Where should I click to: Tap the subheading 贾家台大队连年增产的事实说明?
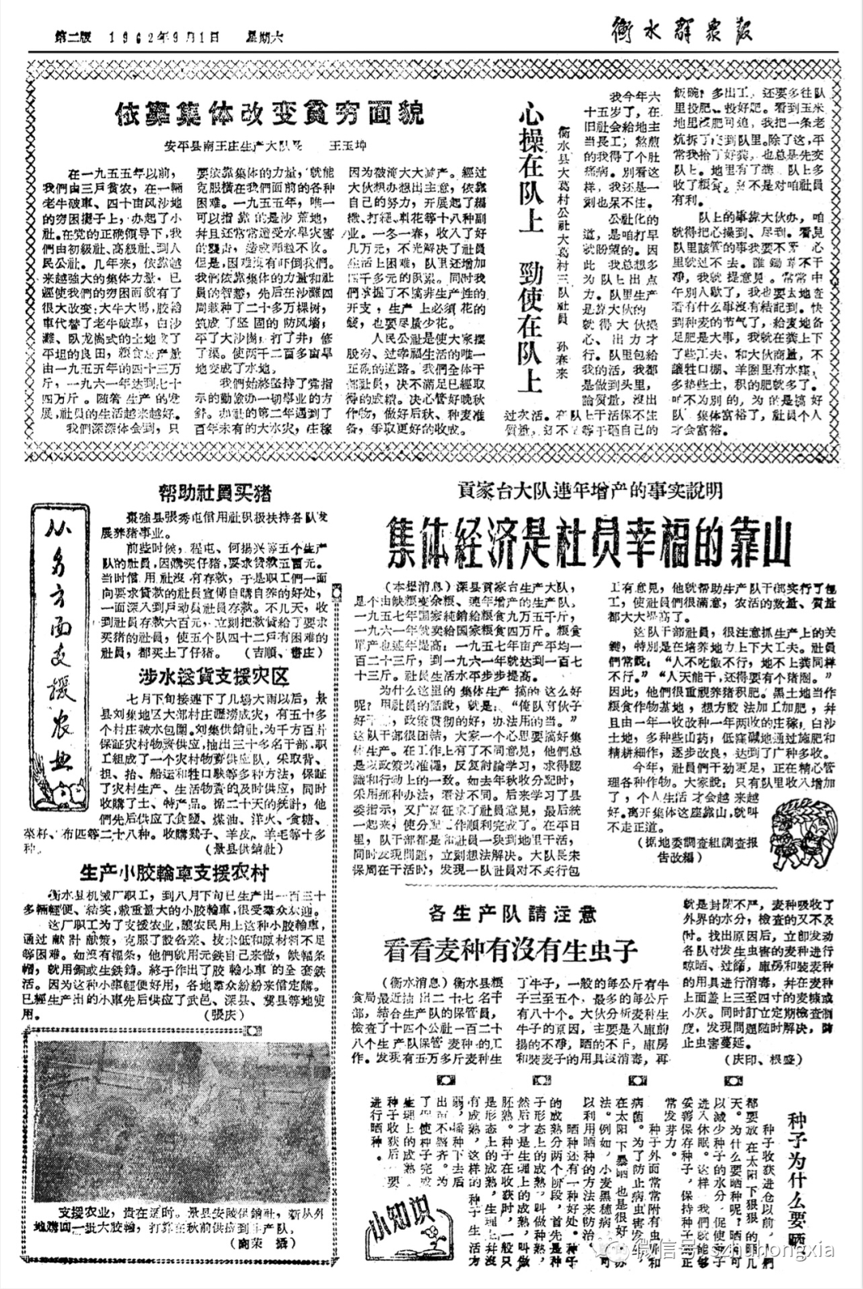591,489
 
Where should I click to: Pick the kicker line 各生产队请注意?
513,911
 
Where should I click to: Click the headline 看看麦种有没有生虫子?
511,950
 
